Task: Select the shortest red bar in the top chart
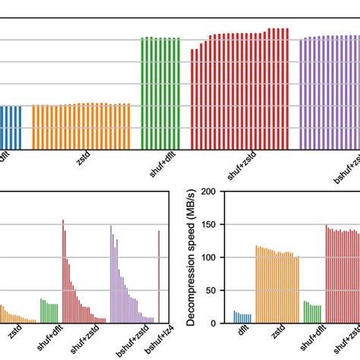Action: (x=191, y=99)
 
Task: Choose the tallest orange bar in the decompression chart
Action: (x=256, y=284)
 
